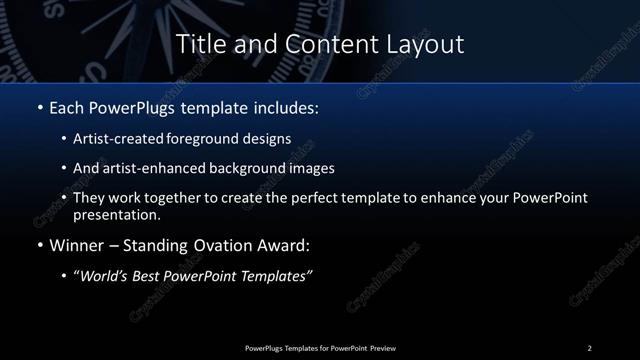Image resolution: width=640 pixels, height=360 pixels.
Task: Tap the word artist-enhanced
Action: click(146, 169)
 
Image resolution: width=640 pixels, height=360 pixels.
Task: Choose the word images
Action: click(308, 169)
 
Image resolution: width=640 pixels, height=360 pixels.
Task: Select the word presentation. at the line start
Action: click(116, 214)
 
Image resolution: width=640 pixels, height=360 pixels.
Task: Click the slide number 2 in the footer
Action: click(589, 348)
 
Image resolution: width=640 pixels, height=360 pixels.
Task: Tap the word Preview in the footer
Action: click(382, 348)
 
